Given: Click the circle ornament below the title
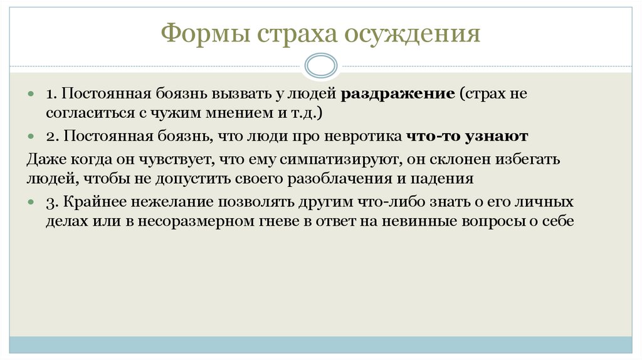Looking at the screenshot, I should coord(320,66).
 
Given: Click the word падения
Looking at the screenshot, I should coord(448,179).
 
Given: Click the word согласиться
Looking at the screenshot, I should coord(83,114).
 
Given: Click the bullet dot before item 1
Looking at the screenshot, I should coord(31,94).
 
